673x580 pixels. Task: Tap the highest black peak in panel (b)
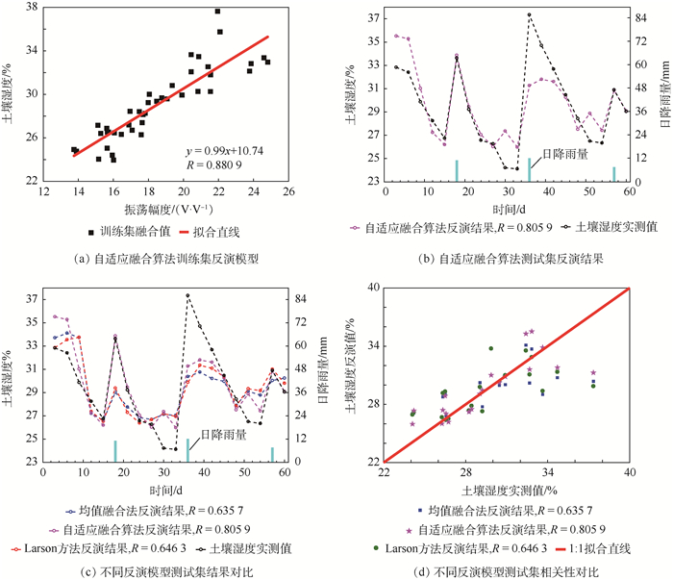click(x=529, y=14)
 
